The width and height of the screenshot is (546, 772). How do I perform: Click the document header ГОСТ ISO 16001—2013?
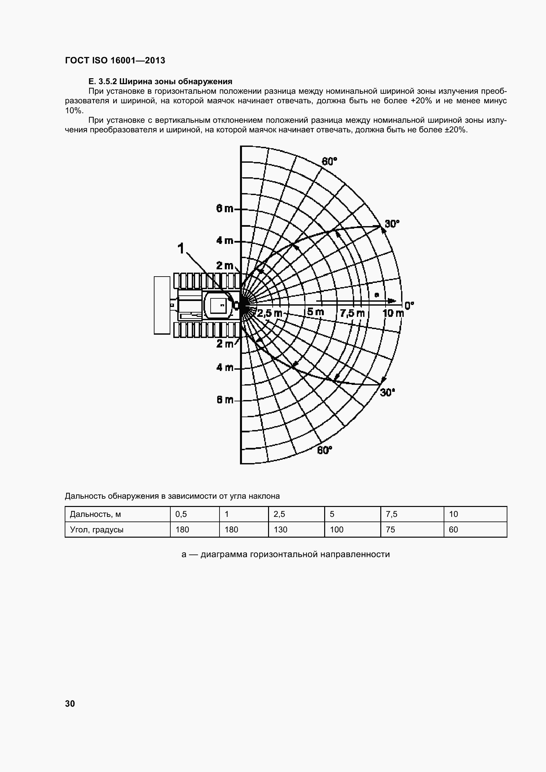click(115, 60)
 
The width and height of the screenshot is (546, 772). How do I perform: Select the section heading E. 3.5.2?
click(160, 82)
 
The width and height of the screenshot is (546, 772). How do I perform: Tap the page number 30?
click(70, 703)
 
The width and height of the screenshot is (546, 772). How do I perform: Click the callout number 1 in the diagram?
click(181, 249)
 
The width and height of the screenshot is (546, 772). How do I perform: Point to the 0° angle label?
click(409, 306)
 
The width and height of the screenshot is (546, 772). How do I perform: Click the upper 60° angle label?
click(329, 162)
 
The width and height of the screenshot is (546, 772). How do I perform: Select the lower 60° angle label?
click(324, 450)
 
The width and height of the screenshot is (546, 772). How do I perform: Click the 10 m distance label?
click(393, 313)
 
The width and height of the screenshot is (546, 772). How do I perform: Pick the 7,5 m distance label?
click(352, 313)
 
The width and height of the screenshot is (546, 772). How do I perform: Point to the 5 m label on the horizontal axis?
click(315, 312)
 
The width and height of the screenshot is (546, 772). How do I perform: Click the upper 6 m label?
click(224, 209)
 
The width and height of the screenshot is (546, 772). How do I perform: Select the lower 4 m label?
click(224, 367)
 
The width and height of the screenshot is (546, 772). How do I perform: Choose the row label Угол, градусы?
click(96, 529)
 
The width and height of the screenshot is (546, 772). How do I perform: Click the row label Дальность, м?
click(95, 514)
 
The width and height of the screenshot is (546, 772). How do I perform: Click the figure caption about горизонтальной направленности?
click(286, 554)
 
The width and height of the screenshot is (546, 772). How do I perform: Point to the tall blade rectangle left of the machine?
click(162, 305)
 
